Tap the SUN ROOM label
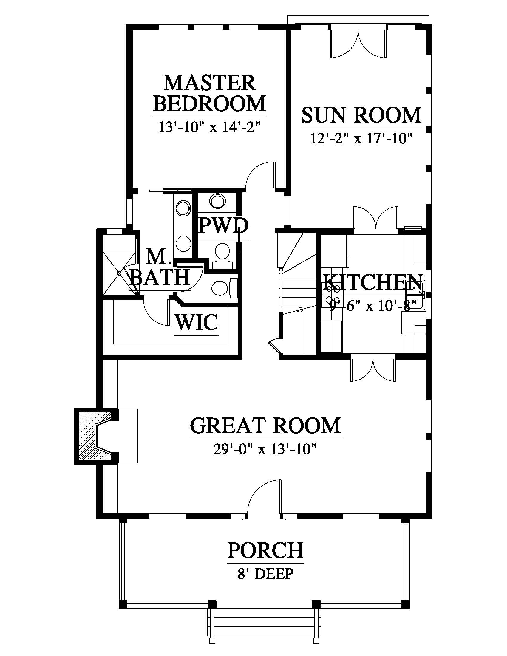tap(361, 115)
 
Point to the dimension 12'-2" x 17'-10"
tap(361, 139)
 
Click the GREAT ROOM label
tap(265, 425)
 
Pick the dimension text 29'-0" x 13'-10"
tap(265, 450)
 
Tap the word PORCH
tap(265, 550)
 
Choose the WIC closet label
tap(197, 322)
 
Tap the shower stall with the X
tap(119, 273)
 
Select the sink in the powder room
tap(217, 201)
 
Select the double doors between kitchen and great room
tap(373, 369)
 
